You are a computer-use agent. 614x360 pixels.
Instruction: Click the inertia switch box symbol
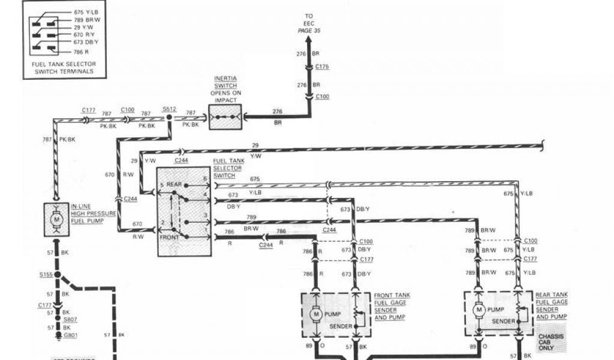coord(225,117)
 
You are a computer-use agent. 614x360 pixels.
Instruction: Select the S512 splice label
coord(170,109)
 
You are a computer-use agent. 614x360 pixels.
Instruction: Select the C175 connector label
coord(322,68)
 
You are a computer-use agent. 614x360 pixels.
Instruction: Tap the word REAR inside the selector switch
coord(174,185)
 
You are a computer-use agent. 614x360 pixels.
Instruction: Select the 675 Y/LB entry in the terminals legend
coord(82,12)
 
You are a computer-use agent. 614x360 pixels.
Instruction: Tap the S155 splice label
coord(46,274)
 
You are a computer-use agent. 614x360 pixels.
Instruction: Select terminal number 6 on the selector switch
coord(204,179)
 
